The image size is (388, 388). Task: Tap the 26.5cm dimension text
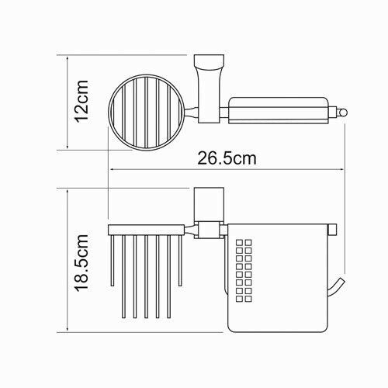(221, 158)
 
